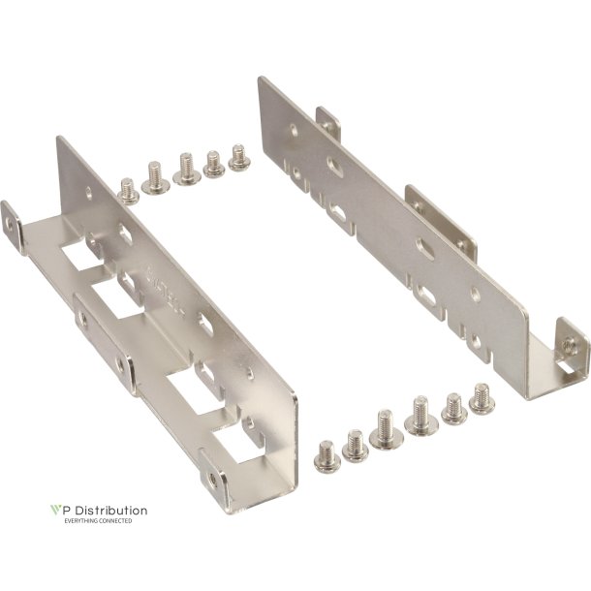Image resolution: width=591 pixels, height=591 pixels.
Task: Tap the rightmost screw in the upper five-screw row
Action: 238,157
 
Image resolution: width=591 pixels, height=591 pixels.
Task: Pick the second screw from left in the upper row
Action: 153,175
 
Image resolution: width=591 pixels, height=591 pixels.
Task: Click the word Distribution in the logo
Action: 108,510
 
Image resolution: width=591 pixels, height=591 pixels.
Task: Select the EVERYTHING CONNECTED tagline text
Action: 98,521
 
